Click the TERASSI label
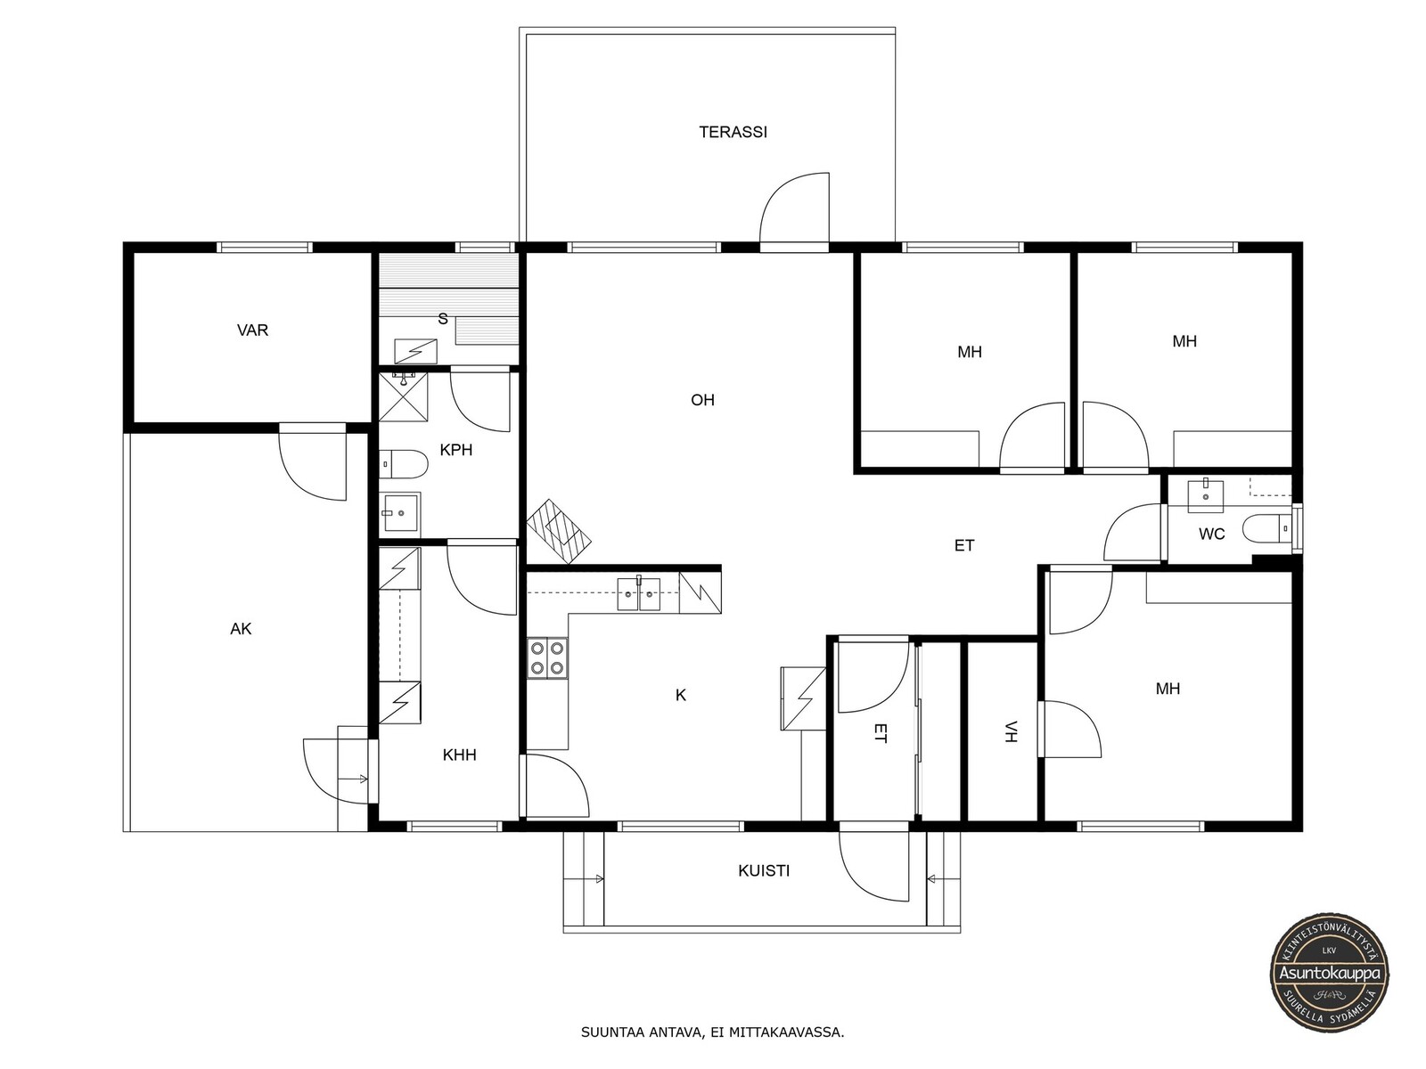pyautogui.click(x=733, y=132)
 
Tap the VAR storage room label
pyautogui.click(x=253, y=330)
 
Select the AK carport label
pyautogui.click(x=241, y=628)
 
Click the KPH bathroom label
pyautogui.click(x=456, y=450)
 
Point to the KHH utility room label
pyautogui.click(x=459, y=755)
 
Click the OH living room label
pyautogui.click(x=702, y=400)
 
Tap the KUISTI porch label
pyautogui.click(x=764, y=871)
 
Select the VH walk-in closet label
pyautogui.click(x=1010, y=731)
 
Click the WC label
pyautogui.click(x=1211, y=534)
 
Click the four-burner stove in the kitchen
pyautogui.click(x=547, y=658)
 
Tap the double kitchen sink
pyautogui.click(x=638, y=594)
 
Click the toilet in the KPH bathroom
pyautogui.click(x=404, y=464)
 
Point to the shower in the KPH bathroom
pyautogui.click(x=404, y=396)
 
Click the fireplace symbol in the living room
pyautogui.click(x=559, y=531)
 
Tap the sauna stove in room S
pyautogui.click(x=416, y=351)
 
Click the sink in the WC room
pyautogui.click(x=1206, y=496)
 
